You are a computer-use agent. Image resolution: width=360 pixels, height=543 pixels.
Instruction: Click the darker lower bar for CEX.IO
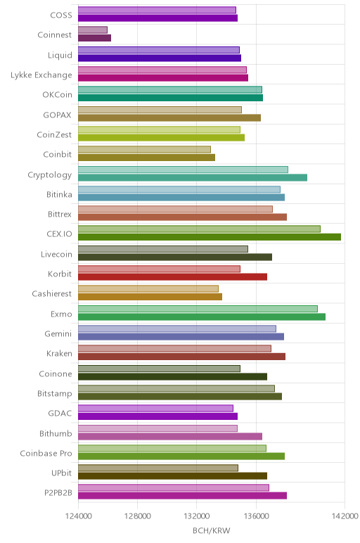pyautogui.click(x=210, y=237)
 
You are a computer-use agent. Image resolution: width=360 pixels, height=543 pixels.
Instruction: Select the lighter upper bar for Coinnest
pyautogui.click(x=93, y=30)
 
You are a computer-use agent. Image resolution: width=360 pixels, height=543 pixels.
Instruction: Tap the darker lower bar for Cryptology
pyautogui.click(x=193, y=178)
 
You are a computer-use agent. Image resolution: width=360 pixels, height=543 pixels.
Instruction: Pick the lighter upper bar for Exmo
pyautogui.click(x=198, y=309)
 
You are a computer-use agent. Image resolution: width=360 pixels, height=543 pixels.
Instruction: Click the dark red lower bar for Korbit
pyautogui.click(x=172, y=276)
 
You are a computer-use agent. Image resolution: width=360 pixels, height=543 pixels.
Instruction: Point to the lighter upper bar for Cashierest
pyautogui.click(x=148, y=288)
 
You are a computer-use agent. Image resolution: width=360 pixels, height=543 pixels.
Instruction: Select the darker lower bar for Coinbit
pyautogui.click(x=146, y=158)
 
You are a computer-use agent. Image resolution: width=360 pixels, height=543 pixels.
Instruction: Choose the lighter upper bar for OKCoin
pyautogui.click(x=170, y=90)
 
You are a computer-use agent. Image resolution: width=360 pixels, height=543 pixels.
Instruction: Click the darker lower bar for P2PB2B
pyautogui.click(x=182, y=496)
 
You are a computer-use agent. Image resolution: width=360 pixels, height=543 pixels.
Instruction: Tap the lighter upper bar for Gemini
pyautogui.click(x=177, y=328)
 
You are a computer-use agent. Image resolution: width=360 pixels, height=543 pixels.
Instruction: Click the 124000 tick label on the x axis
pyautogui.click(x=78, y=516)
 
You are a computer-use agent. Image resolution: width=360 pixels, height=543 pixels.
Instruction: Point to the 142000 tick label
pyautogui.click(x=345, y=516)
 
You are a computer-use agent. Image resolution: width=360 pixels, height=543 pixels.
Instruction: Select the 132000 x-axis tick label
pyautogui.click(x=197, y=516)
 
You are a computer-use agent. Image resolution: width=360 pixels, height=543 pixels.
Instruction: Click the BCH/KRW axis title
pyautogui.click(x=211, y=530)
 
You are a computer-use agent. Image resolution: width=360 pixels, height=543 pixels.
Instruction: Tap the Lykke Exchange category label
pyautogui.click(x=41, y=75)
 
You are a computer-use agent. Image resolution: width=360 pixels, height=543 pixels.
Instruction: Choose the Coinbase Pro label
pyautogui.click(x=46, y=453)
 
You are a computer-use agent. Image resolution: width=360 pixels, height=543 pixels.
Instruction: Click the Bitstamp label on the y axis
pyautogui.click(x=55, y=394)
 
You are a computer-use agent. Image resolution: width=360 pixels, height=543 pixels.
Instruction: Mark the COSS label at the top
pyautogui.click(x=61, y=15)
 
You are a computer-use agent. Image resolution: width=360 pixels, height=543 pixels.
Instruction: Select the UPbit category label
pyautogui.click(x=62, y=473)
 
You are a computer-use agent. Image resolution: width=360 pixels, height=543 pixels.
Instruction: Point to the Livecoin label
pyautogui.click(x=56, y=254)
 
